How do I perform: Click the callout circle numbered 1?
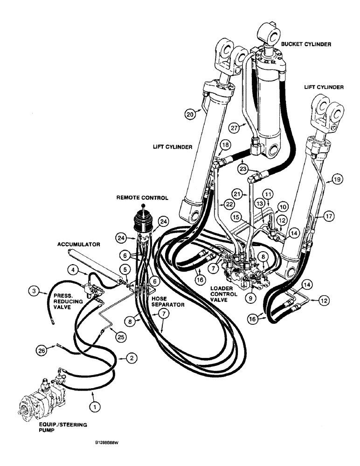coord(95,406)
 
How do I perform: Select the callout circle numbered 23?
coord(242,169)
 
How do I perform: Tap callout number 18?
coord(226,146)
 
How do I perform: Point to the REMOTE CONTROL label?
coord(142,197)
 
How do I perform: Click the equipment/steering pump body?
coord(37,401)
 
